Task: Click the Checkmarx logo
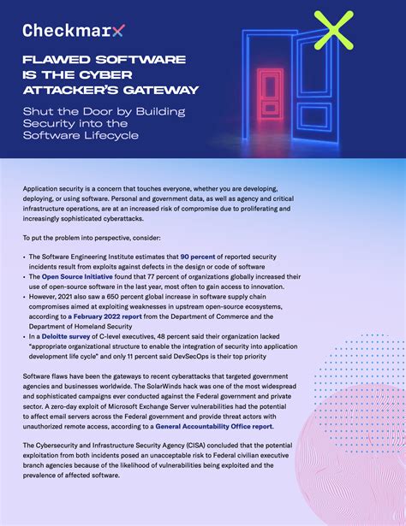72,31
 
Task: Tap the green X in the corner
333,31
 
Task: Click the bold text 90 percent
199,257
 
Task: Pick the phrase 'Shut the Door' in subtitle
66,112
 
